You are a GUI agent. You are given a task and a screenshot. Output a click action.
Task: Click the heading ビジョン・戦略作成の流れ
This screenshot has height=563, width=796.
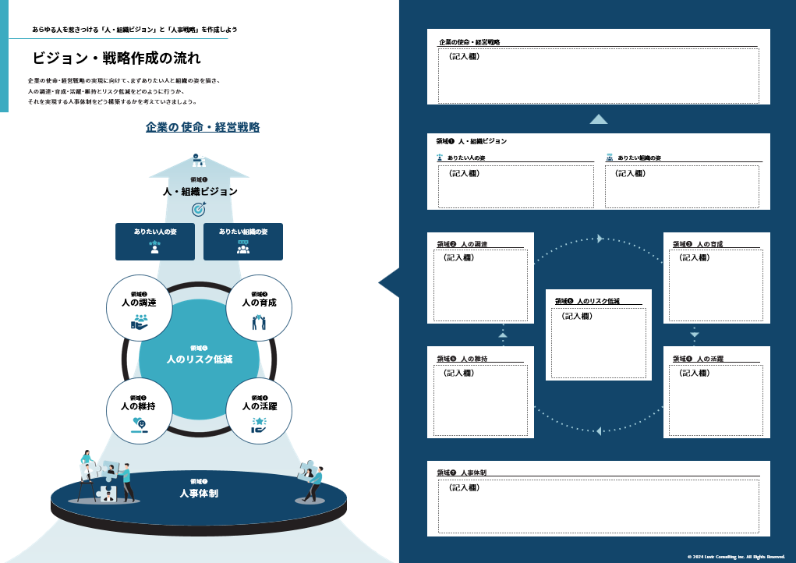pyautogui.click(x=116, y=58)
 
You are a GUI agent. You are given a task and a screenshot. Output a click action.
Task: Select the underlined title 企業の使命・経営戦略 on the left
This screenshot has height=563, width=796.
pyautogui.click(x=203, y=127)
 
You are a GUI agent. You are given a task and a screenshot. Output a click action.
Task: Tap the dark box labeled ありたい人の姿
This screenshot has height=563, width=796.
pyautogui.click(x=155, y=241)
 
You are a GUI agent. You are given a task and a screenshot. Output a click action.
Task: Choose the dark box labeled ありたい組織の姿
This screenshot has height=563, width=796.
pyautogui.click(x=243, y=241)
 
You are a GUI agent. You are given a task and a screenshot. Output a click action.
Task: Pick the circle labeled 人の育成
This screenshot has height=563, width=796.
pyautogui.click(x=259, y=308)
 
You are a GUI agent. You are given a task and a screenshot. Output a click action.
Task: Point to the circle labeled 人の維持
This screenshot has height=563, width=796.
pyautogui.click(x=139, y=411)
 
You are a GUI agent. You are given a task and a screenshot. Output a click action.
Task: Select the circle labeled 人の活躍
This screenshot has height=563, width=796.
pyautogui.click(x=259, y=411)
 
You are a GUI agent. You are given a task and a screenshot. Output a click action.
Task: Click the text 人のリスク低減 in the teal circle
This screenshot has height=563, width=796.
pyautogui.click(x=200, y=359)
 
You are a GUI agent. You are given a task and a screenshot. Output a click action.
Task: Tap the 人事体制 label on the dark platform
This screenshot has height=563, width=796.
pyautogui.click(x=199, y=493)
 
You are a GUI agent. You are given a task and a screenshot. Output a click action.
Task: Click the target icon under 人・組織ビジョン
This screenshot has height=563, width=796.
pyautogui.click(x=199, y=209)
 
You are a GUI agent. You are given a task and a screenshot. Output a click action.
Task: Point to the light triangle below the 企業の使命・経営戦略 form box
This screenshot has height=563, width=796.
pyautogui.click(x=598, y=119)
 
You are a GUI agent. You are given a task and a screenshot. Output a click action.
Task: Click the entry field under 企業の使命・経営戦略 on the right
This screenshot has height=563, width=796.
pyautogui.click(x=598, y=76)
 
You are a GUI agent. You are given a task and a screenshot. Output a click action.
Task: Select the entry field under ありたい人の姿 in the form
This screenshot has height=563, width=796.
pyautogui.click(x=515, y=187)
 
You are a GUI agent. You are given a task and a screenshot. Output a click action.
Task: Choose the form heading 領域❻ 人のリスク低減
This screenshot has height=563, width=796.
pyautogui.click(x=587, y=301)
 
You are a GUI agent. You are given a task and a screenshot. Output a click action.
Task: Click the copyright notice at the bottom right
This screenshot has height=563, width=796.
pyautogui.click(x=736, y=557)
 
